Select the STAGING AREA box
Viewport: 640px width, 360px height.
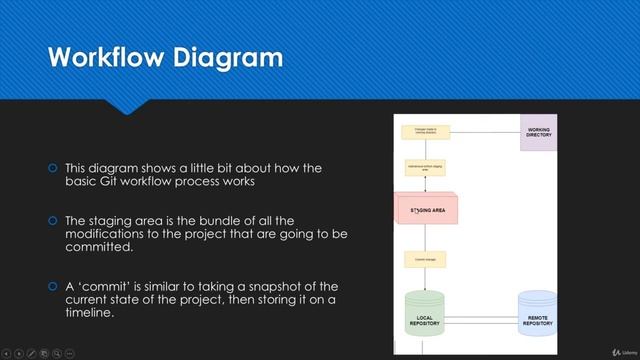click(x=427, y=210)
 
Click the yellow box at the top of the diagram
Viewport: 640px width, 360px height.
click(x=425, y=131)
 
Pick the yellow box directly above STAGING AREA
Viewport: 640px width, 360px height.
click(x=425, y=168)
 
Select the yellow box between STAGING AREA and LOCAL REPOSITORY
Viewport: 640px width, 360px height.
click(x=425, y=259)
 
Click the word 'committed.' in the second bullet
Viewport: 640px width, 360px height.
click(x=99, y=246)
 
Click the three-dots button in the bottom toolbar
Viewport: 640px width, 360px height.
click(x=71, y=352)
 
